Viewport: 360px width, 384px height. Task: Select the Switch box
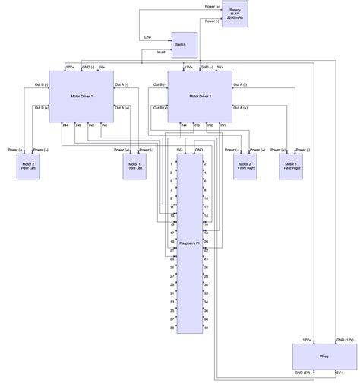(184, 45)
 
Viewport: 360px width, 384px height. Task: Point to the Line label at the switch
(147, 37)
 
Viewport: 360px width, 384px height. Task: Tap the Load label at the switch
(160, 52)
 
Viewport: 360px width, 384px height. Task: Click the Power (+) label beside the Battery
(213, 6)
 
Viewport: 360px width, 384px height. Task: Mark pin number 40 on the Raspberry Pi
(206, 328)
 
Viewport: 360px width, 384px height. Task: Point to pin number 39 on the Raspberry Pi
(174, 328)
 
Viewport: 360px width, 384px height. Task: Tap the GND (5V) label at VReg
(302, 373)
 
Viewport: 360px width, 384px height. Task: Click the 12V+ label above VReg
(307, 339)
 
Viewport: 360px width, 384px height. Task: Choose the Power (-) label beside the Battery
(213, 21)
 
